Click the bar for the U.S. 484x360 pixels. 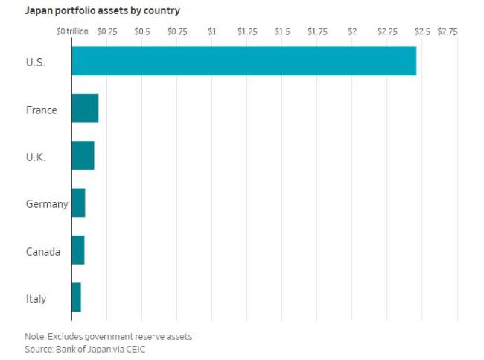point(244,61)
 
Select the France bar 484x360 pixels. point(85,108)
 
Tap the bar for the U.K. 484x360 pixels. point(83,156)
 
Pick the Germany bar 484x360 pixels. point(78,203)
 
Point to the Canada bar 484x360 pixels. point(78,250)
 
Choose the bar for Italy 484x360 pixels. point(76,297)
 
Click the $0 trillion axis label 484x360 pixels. point(72,31)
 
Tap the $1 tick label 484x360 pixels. point(212,31)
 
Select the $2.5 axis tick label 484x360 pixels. point(422,31)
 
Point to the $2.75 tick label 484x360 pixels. point(448,31)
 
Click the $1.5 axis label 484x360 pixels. point(282,31)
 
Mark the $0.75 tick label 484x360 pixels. point(177,31)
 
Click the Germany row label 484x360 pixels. point(47,204)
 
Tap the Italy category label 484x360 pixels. point(36,299)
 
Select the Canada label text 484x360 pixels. point(43,251)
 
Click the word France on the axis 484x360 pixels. point(42,110)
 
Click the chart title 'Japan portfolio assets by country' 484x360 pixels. point(103,11)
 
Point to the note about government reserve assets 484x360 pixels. point(109,336)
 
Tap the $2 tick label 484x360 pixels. point(352,31)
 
